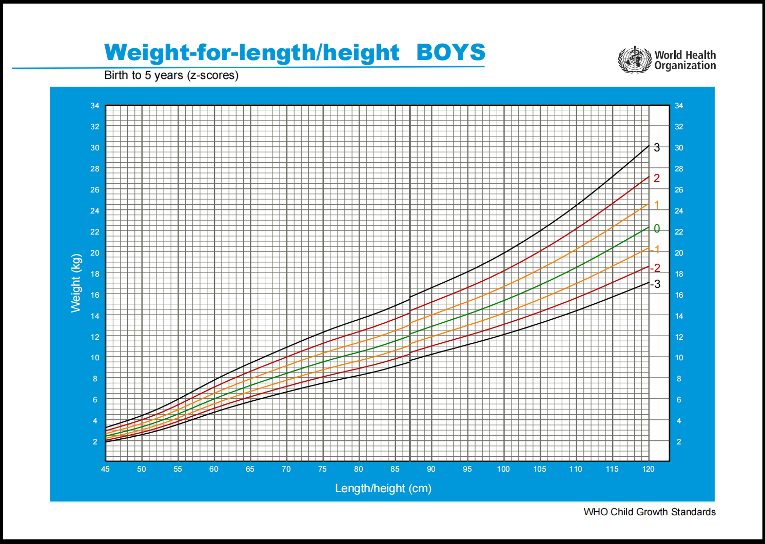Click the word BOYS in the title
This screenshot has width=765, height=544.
click(x=450, y=52)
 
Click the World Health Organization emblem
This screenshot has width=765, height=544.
click(x=635, y=60)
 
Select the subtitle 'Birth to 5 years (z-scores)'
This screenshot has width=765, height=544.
click(x=171, y=75)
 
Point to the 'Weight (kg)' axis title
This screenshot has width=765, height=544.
click(x=76, y=283)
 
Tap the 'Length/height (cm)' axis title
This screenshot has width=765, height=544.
click(x=383, y=488)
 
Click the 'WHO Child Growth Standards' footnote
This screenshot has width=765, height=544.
click(x=650, y=512)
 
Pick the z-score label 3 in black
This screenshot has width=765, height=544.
click(x=657, y=148)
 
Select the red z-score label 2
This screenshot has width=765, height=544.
click(x=657, y=179)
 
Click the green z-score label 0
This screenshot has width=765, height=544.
click(x=657, y=228)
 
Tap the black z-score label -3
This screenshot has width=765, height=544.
click(x=655, y=284)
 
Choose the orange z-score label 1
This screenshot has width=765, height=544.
click(x=657, y=205)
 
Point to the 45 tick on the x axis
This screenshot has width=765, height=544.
click(x=105, y=469)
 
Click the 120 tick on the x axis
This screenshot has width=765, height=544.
click(x=649, y=469)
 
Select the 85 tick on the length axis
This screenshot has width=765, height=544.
click(x=395, y=469)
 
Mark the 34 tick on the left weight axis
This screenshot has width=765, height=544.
click(x=95, y=106)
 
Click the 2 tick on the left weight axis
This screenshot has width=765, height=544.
click(x=95, y=441)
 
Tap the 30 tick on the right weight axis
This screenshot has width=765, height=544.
click(x=679, y=148)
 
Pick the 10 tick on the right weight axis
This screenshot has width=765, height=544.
click(x=679, y=358)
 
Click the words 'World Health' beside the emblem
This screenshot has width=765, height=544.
click(x=685, y=55)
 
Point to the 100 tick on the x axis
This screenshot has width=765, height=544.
click(x=503, y=469)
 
